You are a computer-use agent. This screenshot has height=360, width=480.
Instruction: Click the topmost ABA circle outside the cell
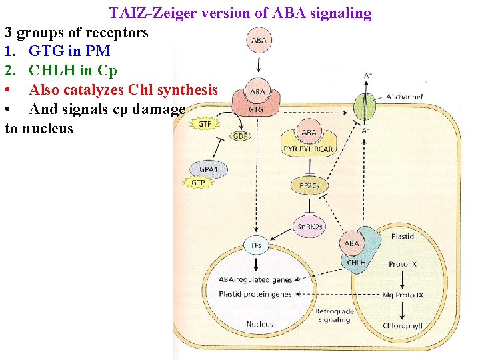259,41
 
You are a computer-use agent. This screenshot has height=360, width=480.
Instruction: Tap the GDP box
241,135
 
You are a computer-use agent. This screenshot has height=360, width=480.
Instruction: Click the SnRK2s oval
310,227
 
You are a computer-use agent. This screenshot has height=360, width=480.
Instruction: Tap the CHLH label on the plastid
356,263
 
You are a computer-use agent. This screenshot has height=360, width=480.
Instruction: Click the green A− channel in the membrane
365,106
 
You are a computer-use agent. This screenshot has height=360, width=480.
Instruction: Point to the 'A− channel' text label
404,97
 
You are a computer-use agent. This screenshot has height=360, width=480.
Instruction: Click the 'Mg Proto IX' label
403,295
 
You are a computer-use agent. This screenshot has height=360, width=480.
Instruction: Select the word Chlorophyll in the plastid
403,325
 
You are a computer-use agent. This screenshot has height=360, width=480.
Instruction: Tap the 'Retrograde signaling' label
334,315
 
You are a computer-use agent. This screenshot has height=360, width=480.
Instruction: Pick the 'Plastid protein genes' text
255,294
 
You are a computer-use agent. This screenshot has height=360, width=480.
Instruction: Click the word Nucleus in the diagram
259,324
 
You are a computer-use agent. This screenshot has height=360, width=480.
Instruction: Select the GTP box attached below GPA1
199,183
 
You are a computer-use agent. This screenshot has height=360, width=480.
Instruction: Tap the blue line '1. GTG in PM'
57,51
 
